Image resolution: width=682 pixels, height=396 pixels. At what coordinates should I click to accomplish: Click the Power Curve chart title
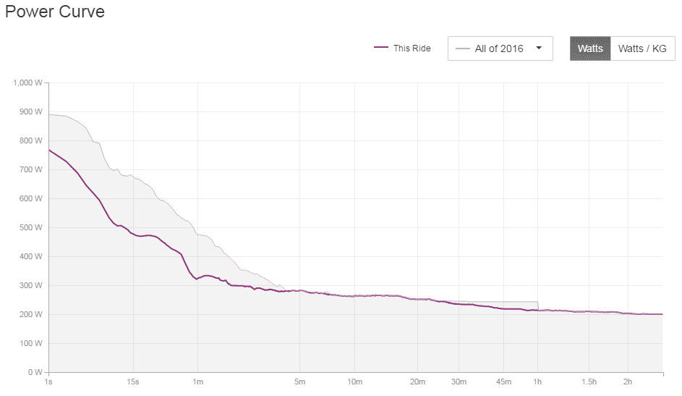point(55,12)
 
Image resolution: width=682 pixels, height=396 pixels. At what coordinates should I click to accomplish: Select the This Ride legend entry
point(402,49)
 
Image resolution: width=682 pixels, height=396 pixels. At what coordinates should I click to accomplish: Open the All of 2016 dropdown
point(500,49)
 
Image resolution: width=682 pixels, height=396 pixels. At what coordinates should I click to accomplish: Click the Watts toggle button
point(590,49)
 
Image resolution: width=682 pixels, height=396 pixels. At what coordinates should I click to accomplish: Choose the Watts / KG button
point(642,49)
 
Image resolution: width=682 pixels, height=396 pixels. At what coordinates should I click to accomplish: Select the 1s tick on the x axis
point(48,382)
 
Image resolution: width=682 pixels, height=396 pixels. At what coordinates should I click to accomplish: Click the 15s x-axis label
point(133,382)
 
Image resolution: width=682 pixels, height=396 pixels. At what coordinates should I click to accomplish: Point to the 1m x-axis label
point(197,382)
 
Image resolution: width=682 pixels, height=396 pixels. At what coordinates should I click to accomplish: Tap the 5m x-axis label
point(299,382)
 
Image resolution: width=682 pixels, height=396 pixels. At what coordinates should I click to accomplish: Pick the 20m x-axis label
point(417,382)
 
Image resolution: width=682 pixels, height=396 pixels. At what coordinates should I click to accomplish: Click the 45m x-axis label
point(504,382)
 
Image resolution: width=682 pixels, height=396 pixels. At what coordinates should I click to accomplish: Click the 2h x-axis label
point(628,382)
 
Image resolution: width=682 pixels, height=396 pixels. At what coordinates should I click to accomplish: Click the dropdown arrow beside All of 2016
point(539,49)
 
